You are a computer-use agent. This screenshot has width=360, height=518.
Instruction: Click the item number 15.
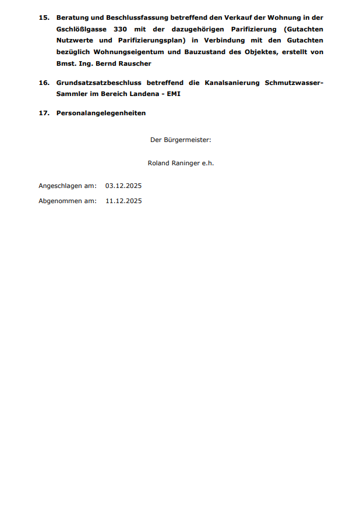click(x=43, y=17)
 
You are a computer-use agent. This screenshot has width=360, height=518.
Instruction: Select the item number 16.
click(x=43, y=83)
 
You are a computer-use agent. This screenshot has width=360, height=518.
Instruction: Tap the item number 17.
click(x=43, y=113)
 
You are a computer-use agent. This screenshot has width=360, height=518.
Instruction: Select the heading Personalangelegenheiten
click(x=101, y=113)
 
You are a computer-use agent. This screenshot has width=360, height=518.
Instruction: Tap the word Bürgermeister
click(x=186, y=140)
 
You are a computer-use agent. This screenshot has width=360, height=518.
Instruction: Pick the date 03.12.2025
click(x=123, y=186)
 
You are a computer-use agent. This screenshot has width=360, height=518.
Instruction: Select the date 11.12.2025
click(x=123, y=201)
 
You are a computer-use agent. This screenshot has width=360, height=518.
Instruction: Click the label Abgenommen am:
click(x=68, y=201)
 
